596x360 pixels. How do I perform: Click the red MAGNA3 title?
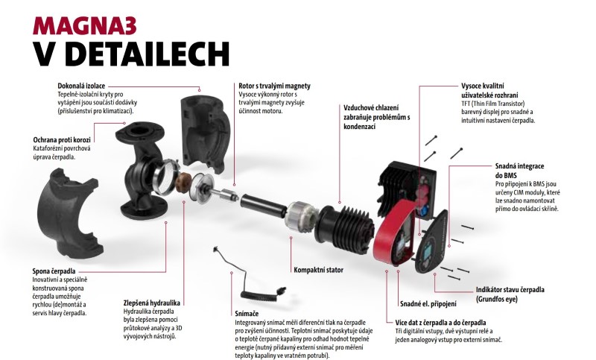tap(84, 26)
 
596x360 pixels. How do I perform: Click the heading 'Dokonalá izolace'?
tap(81, 86)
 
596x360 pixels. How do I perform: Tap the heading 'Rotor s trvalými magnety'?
tap(274, 86)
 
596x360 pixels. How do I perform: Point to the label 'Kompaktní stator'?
tap(319, 270)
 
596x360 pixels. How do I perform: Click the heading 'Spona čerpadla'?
tap(54, 271)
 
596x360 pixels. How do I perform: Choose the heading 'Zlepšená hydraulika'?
tap(152, 303)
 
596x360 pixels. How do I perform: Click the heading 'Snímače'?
tap(247, 314)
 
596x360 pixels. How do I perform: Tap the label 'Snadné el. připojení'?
tap(428, 304)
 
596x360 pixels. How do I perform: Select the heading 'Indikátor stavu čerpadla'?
tap(510, 290)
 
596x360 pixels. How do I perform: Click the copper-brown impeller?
tap(184, 182)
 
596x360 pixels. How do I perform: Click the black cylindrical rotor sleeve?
tap(263, 205)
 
